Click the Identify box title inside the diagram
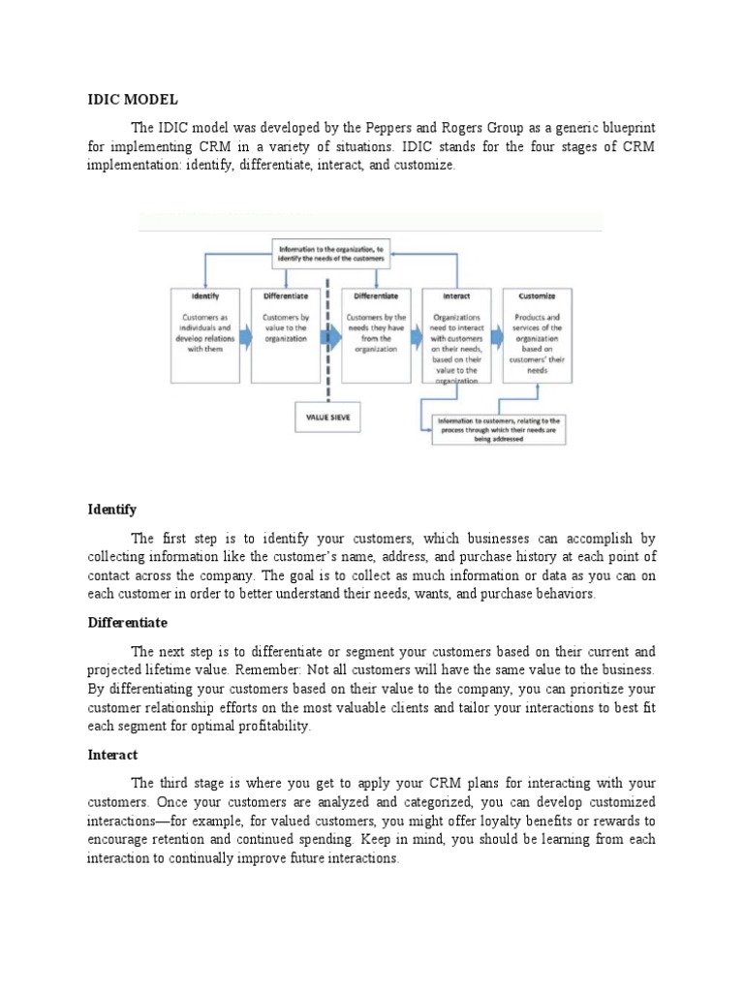pyautogui.click(x=204, y=297)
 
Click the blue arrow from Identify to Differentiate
pyautogui.click(x=243, y=334)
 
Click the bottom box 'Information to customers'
pyautogui.click(x=498, y=429)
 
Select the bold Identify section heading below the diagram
pyautogui.click(x=112, y=510)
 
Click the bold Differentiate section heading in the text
pyautogui.click(x=127, y=622)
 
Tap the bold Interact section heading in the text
pyautogui.click(x=112, y=754)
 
